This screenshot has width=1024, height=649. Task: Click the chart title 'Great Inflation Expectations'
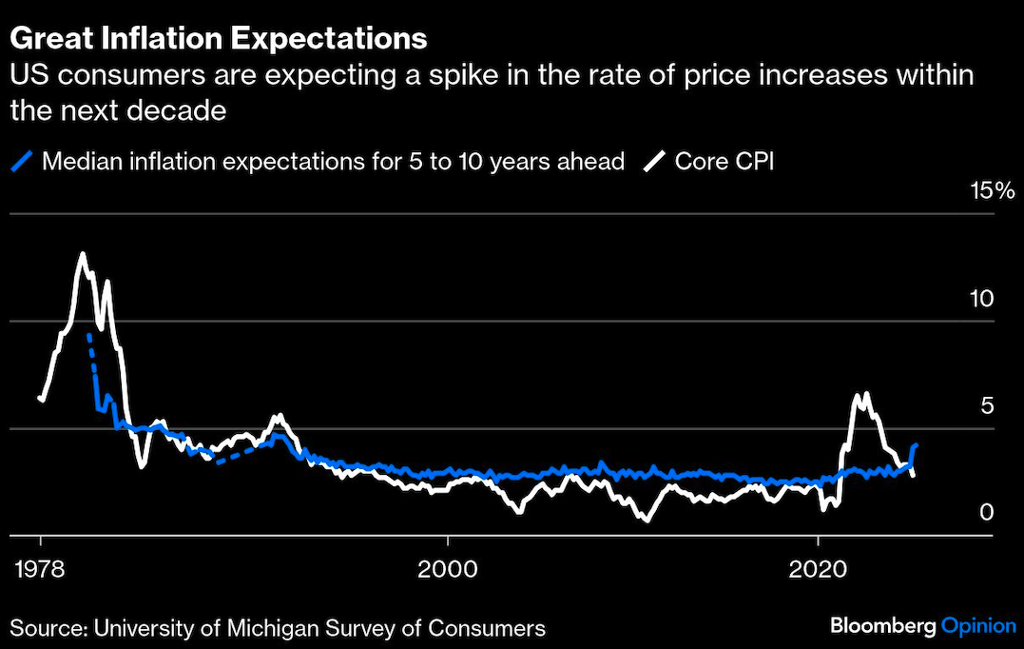click(x=218, y=39)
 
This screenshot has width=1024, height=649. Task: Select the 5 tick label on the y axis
click(x=986, y=405)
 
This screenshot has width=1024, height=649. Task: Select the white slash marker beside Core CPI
click(x=653, y=161)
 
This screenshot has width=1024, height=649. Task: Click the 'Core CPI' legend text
click(x=725, y=161)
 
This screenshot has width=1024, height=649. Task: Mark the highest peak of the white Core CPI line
click(x=83, y=254)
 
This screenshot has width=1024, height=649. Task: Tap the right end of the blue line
click(x=916, y=444)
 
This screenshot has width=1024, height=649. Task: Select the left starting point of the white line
click(x=40, y=399)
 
